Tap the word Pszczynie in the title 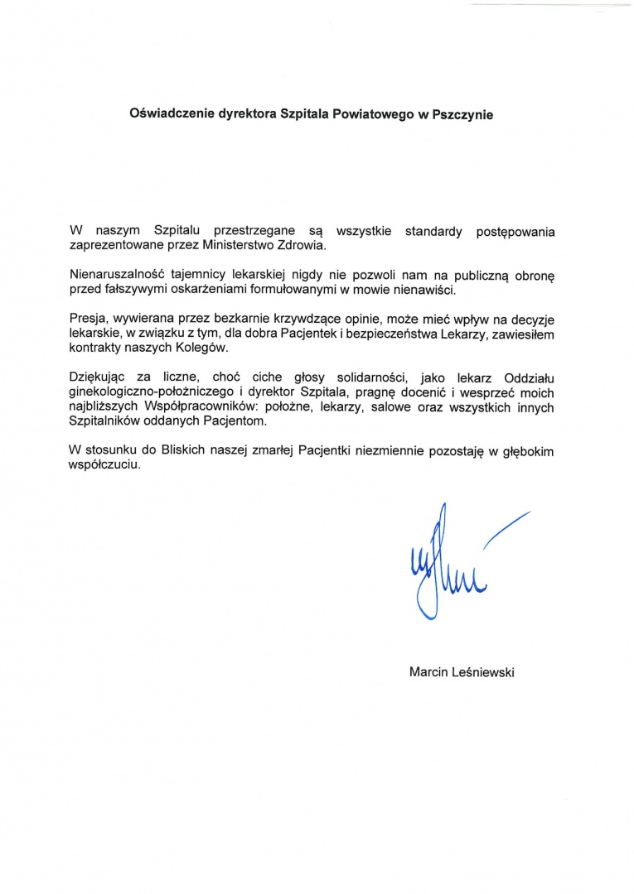461,115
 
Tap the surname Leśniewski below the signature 484,672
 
